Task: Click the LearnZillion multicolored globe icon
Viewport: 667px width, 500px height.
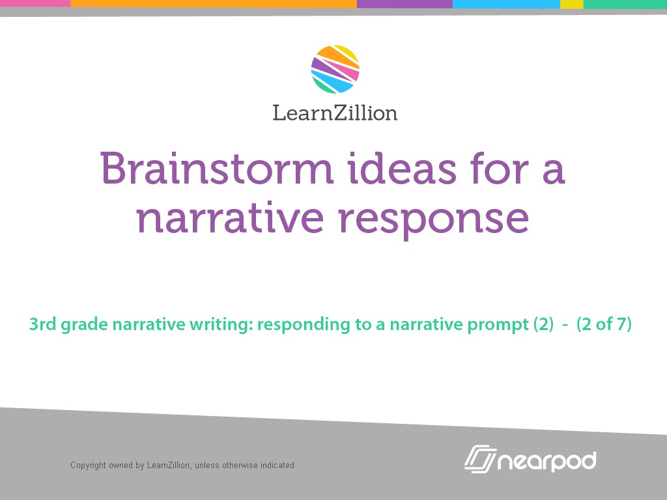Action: [335, 69]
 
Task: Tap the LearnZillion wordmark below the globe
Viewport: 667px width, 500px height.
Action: [335, 113]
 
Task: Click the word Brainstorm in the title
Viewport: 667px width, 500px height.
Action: [216, 169]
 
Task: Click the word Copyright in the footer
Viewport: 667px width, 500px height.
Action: [88, 465]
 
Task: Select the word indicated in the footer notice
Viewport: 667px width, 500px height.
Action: [277, 465]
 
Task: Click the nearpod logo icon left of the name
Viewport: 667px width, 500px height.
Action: [481, 458]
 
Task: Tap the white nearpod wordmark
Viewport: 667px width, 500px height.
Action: [547, 461]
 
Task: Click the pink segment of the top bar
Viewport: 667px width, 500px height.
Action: [35, 3]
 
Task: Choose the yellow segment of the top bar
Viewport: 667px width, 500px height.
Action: [571, 3]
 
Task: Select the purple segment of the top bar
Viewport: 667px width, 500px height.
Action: [404, 3]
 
